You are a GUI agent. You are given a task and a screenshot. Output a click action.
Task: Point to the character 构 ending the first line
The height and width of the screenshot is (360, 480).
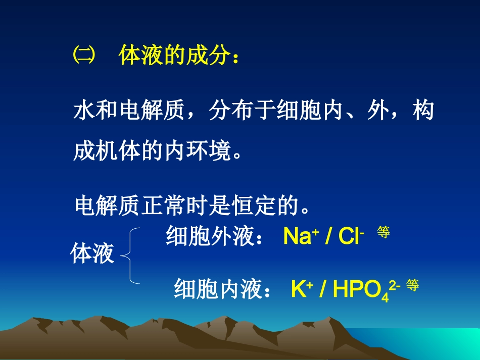[x=422, y=111]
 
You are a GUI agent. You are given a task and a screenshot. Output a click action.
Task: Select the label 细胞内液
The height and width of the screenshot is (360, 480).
[x=217, y=290]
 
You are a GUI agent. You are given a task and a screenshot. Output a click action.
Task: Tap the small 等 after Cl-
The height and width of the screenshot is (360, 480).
[x=383, y=232]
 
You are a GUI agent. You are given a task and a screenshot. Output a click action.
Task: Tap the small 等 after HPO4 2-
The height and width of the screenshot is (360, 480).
[x=412, y=285]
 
